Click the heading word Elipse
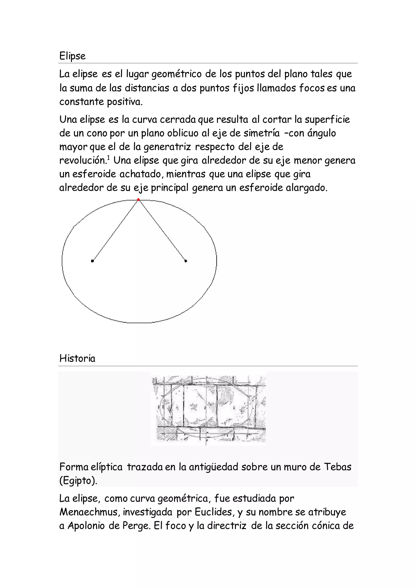tap(72, 56)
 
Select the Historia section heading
tap(77, 358)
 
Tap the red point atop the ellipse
tap(138, 200)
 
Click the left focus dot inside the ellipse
tap(92, 261)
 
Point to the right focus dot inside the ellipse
tap(186, 261)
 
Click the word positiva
tap(125, 102)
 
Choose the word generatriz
tap(167, 147)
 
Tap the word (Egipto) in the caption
tap(78, 481)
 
